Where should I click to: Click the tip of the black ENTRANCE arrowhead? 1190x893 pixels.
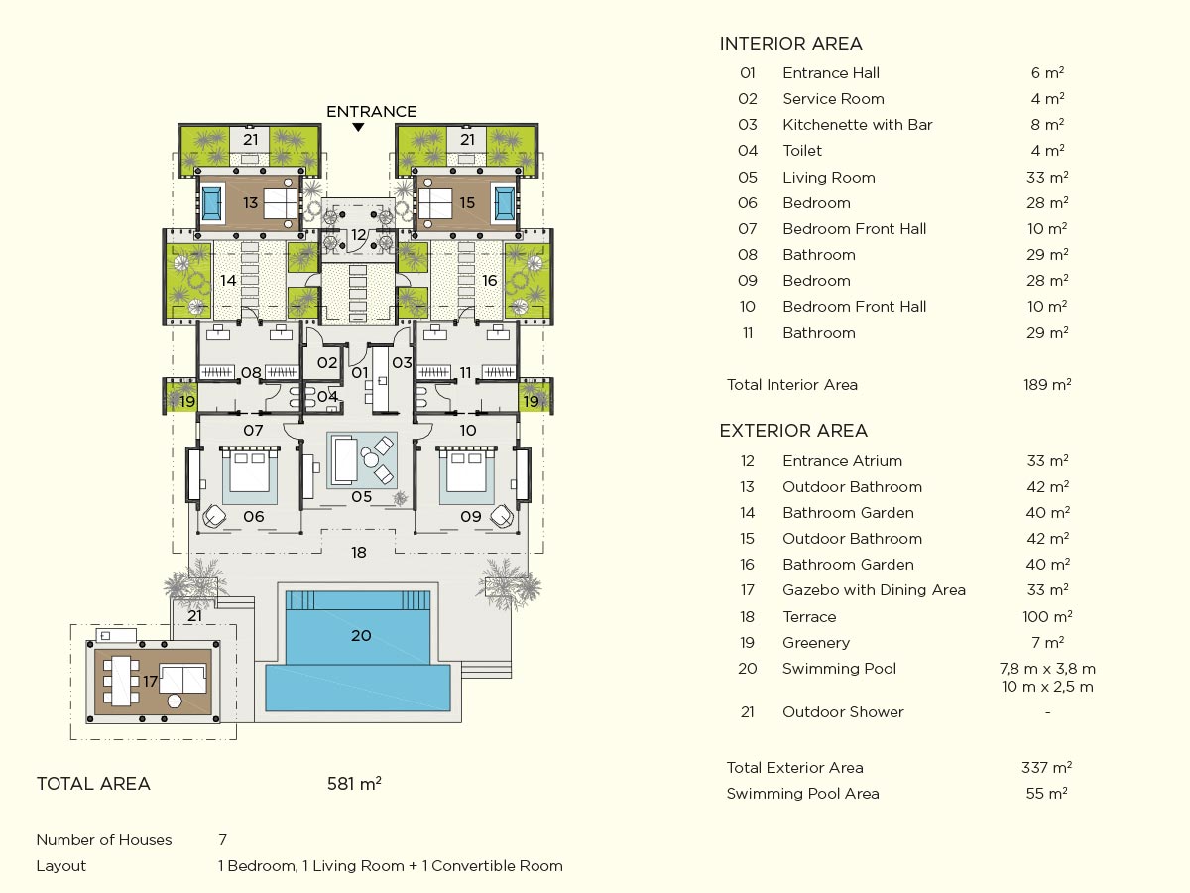[x=358, y=132]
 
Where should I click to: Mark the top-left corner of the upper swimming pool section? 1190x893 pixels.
[x=286, y=591]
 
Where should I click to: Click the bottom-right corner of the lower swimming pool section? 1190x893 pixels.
[x=450, y=710]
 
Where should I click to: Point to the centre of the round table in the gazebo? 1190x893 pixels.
[x=174, y=702]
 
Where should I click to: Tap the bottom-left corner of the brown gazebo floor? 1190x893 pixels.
[x=95, y=714]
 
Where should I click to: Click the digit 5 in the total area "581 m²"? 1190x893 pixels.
[x=332, y=784]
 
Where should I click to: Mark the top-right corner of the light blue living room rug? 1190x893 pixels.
[x=398, y=433]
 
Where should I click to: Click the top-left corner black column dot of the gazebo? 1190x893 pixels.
[x=90, y=645]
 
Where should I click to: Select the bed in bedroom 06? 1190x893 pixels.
[x=250, y=469]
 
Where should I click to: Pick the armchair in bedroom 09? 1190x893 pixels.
[x=502, y=516]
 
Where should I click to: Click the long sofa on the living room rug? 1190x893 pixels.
[x=346, y=460]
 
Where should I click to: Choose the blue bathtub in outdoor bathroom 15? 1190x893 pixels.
[x=504, y=202]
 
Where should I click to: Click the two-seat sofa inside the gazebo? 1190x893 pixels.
[x=183, y=680]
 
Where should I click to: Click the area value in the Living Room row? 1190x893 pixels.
[x=1047, y=178]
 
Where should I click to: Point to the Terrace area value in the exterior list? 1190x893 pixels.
[x=1047, y=616]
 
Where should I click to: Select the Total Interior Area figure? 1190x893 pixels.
[x=1047, y=384]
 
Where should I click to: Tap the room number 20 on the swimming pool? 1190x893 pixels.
[x=361, y=635]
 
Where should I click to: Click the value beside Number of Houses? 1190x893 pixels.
[x=223, y=839]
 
